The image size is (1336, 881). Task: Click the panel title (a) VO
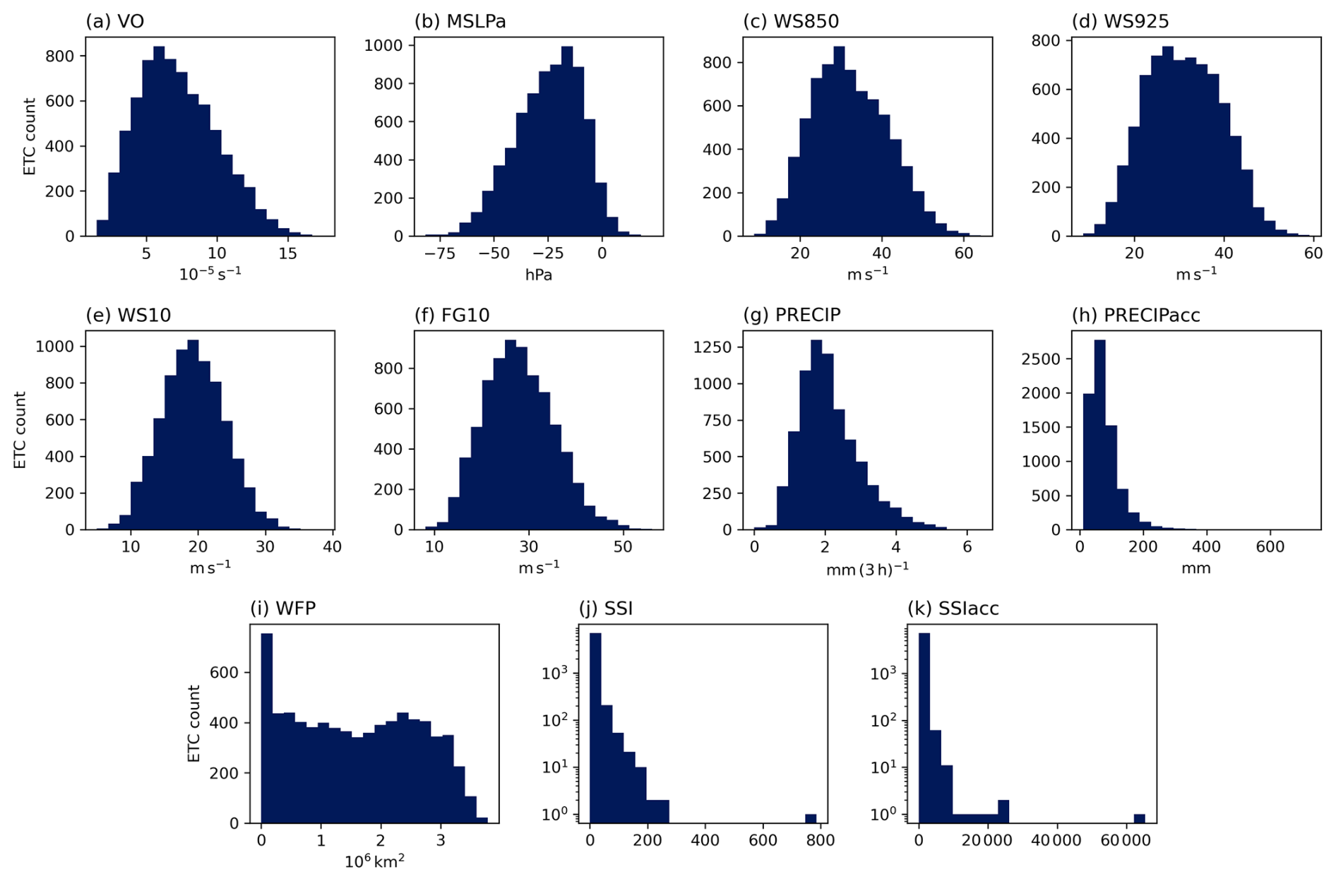click(x=114, y=22)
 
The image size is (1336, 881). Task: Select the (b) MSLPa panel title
click(x=460, y=22)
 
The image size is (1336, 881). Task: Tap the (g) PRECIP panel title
click(x=792, y=315)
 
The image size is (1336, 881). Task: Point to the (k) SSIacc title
click(x=953, y=609)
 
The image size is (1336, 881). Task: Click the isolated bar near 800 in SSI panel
click(x=811, y=818)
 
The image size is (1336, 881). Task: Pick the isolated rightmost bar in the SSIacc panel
click(x=1139, y=818)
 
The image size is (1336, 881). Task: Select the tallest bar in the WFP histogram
click(x=267, y=727)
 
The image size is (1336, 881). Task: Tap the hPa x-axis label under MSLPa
click(x=538, y=275)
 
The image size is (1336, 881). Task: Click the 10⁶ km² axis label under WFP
click(x=374, y=862)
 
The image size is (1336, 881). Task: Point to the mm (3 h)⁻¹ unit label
click(x=867, y=569)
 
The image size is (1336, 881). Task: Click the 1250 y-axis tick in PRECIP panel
click(x=719, y=347)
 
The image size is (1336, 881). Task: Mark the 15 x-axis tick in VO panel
click(x=287, y=253)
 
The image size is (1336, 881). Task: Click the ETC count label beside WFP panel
click(x=194, y=724)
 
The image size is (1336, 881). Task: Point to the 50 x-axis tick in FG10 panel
click(x=622, y=547)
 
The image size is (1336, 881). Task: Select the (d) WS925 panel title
click(x=1120, y=22)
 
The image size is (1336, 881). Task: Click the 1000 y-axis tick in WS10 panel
click(x=55, y=347)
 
